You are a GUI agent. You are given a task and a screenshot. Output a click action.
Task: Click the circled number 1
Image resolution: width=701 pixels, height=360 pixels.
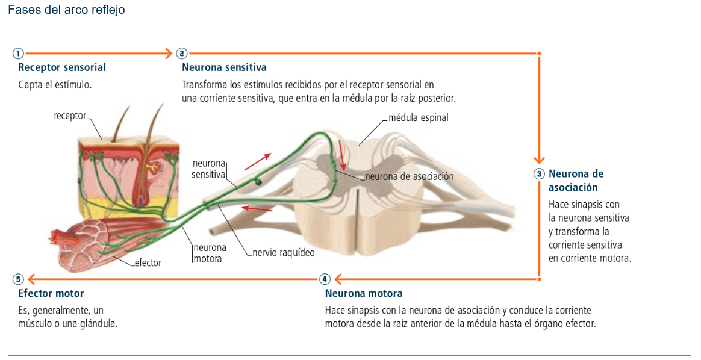pyautogui.click(x=19, y=53)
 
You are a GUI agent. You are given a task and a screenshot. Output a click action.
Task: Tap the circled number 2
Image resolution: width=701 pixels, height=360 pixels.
pyautogui.click(x=182, y=53)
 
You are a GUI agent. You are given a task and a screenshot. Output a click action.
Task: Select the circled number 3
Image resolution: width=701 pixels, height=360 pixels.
pyautogui.click(x=539, y=174)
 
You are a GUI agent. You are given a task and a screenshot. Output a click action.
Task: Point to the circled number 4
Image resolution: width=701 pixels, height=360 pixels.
pyautogui.click(x=325, y=279)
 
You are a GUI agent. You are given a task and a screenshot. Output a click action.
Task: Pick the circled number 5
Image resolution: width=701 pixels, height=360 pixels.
pyautogui.click(x=19, y=279)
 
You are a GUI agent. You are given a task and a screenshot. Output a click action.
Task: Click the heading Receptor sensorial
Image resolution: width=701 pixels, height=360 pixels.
pyautogui.click(x=62, y=67)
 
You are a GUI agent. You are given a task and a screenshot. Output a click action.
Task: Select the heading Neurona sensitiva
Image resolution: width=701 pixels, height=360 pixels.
pyautogui.click(x=224, y=67)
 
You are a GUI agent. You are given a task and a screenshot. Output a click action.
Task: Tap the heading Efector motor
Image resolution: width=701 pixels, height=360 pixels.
pyautogui.click(x=51, y=294)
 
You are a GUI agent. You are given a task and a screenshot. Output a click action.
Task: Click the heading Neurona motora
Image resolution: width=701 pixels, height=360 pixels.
pyautogui.click(x=364, y=294)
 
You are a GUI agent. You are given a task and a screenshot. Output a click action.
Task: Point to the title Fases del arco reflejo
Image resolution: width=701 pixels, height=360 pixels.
pyautogui.click(x=66, y=10)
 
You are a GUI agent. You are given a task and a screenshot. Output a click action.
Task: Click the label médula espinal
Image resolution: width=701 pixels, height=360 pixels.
pyautogui.click(x=419, y=117)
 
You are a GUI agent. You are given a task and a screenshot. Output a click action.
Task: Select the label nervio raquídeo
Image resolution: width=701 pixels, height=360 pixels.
pyautogui.click(x=283, y=253)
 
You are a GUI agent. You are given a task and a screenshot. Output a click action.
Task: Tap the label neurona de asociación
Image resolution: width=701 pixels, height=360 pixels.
pyautogui.click(x=410, y=176)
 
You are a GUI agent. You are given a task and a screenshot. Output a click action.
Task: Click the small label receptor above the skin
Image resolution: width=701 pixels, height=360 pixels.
pyautogui.click(x=70, y=116)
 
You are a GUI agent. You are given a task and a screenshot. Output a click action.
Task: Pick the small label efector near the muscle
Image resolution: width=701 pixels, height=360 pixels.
pyautogui.click(x=148, y=262)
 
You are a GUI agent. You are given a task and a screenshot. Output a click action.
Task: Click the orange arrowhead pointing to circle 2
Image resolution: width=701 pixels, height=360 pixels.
pyautogui.click(x=169, y=53)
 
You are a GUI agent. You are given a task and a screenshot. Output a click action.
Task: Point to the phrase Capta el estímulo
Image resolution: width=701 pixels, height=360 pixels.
pyautogui.click(x=55, y=85)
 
